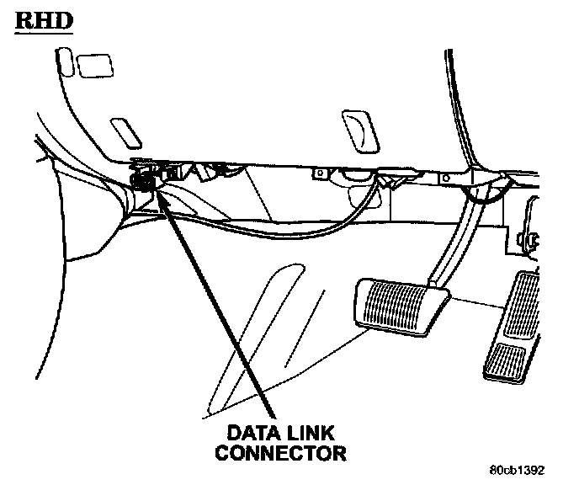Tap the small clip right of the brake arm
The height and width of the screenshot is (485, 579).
point(532,239)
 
